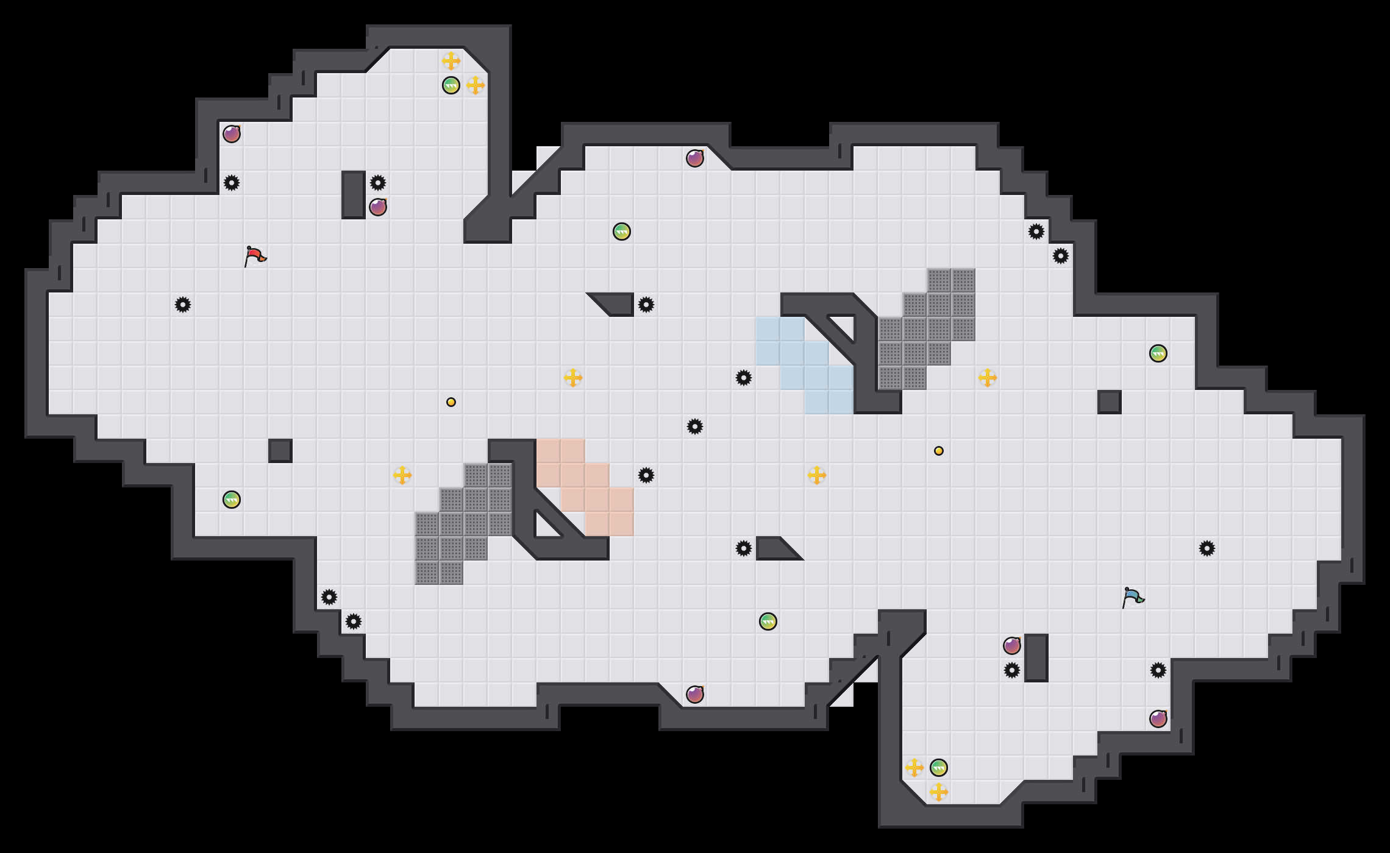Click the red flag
click(255, 257)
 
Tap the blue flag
click(1133, 598)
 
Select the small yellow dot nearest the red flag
click(451, 402)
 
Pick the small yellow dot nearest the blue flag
click(939, 451)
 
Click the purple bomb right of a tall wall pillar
click(378, 207)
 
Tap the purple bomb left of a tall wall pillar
click(1012, 646)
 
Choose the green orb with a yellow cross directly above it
click(451, 85)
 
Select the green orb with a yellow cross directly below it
click(939, 768)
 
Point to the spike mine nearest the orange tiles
click(646, 475)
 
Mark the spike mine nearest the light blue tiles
click(744, 378)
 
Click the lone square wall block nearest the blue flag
click(1110, 402)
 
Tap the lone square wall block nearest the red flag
click(280, 451)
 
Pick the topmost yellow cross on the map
click(451, 61)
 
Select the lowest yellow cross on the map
click(939, 792)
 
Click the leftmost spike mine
click(183, 305)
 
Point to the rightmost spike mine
click(1207, 548)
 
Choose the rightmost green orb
click(1158, 353)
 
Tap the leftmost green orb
click(232, 500)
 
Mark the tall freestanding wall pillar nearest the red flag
click(354, 195)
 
